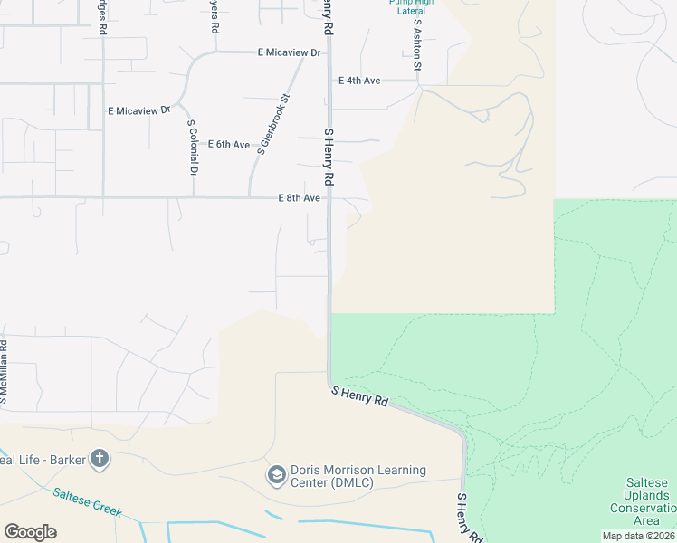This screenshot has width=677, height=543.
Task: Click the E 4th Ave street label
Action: (359, 81)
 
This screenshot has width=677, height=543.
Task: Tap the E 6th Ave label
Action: (229, 145)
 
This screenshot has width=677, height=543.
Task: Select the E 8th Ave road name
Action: (300, 198)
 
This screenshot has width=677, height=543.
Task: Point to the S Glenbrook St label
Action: (273, 125)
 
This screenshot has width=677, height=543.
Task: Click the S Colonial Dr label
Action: (192, 148)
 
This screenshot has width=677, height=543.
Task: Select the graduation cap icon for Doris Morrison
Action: (276, 474)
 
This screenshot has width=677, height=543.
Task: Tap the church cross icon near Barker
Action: (99, 459)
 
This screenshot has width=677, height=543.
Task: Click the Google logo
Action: (30, 532)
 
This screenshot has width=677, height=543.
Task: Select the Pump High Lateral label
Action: (411, 6)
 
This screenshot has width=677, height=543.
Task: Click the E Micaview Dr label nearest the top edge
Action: (290, 52)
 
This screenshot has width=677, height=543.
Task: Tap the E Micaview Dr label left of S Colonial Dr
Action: (138, 110)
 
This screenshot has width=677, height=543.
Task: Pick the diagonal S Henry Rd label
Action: (359, 395)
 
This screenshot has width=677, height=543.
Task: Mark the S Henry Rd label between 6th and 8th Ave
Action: (329, 156)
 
